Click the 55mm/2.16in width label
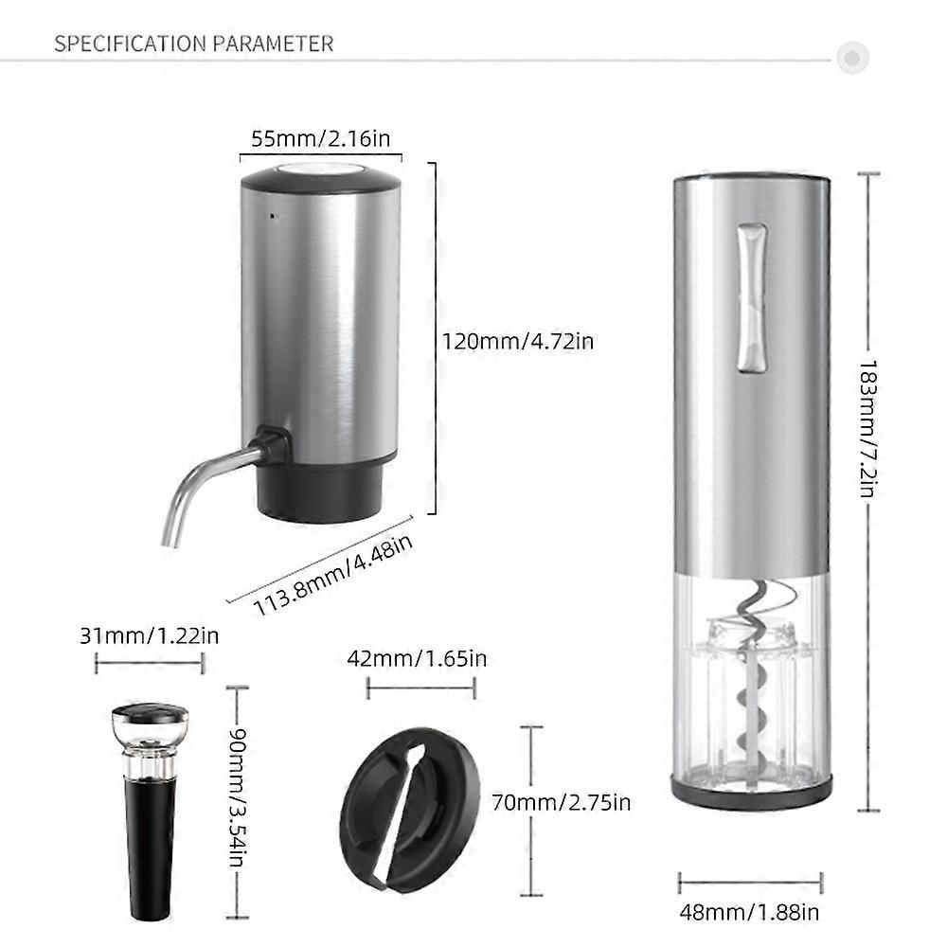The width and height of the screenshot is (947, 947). (x=321, y=139)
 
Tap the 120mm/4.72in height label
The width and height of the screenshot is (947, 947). (x=518, y=342)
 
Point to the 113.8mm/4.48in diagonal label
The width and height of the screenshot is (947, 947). (x=332, y=576)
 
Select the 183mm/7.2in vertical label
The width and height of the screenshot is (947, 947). (x=867, y=429)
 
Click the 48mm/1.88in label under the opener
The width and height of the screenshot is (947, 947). (x=749, y=912)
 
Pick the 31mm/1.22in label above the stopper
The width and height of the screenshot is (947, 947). (x=150, y=636)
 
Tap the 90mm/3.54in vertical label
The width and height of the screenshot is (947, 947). (x=239, y=797)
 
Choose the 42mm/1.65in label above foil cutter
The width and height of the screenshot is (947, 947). (x=417, y=658)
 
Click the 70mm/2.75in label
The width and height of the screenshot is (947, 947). (x=561, y=803)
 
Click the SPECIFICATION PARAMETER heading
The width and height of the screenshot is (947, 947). (x=194, y=45)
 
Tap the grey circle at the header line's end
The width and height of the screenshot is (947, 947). (x=852, y=58)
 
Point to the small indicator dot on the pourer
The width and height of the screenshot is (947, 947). (x=273, y=216)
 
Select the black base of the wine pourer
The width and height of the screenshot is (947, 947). (x=321, y=491)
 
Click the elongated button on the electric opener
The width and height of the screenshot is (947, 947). (x=752, y=298)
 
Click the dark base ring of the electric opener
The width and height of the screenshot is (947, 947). (x=752, y=791)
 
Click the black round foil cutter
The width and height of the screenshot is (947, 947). (x=410, y=810)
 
